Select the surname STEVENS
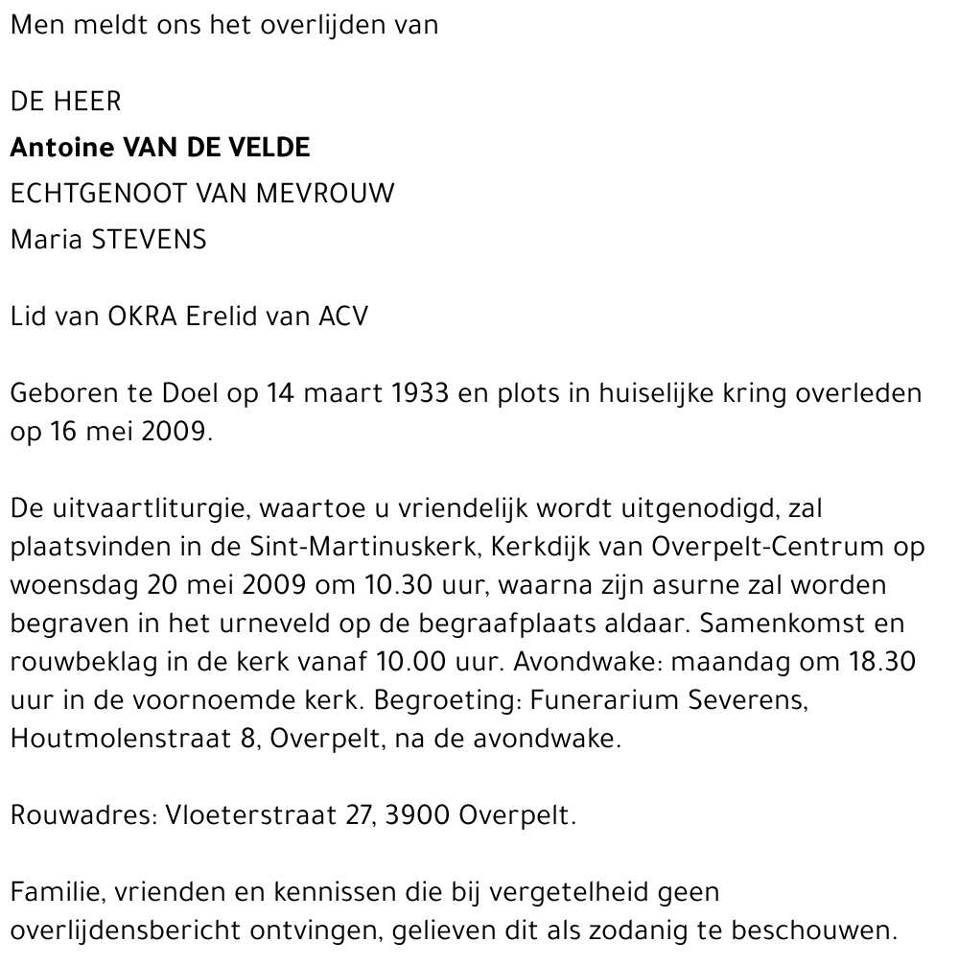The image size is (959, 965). point(149,239)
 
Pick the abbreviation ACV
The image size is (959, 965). point(342,316)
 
